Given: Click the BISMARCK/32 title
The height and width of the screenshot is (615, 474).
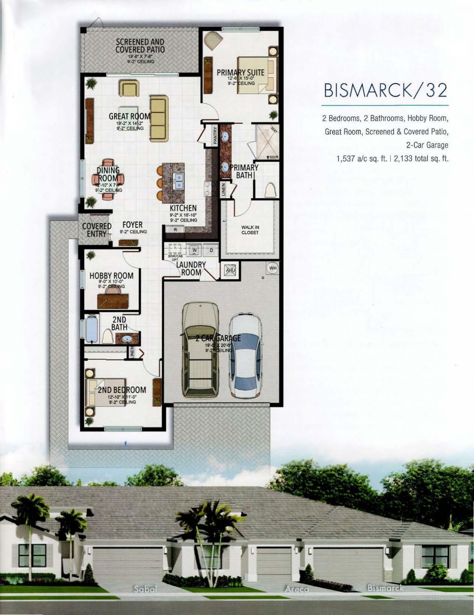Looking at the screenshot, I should tap(385, 90).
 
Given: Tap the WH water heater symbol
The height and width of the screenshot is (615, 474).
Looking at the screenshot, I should tap(273, 268).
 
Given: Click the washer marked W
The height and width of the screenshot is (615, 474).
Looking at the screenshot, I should tap(194, 250).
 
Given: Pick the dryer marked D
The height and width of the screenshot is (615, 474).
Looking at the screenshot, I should tap(211, 250).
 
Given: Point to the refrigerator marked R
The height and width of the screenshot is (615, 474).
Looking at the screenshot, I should tap(176, 230).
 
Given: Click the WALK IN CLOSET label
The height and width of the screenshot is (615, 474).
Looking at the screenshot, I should tap(250, 230).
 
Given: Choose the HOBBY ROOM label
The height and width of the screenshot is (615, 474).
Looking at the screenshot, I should tap(111, 276).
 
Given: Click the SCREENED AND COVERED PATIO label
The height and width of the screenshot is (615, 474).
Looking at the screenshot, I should tap(140, 46).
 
